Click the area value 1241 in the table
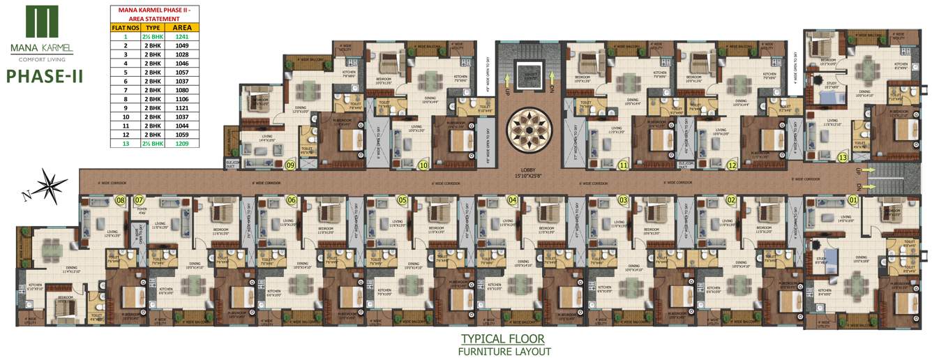pyautogui.click(x=181, y=36)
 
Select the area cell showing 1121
pyautogui.click(x=181, y=108)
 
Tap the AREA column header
pyautogui.click(x=181, y=27)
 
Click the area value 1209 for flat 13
pyautogui.click(x=181, y=144)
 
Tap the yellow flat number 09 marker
pyautogui.click(x=290, y=165)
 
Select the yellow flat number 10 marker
pyautogui.click(x=423, y=165)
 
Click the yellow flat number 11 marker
pyautogui.click(x=623, y=165)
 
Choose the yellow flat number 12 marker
pyautogui.click(x=732, y=165)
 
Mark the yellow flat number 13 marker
pyautogui.click(x=843, y=158)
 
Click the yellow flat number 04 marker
pyautogui.click(x=513, y=201)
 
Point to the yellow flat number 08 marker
pyautogui.click(x=121, y=201)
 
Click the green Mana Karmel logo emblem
pyautogui.click(x=41, y=22)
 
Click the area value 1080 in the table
pyautogui.click(x=181, y=90)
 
